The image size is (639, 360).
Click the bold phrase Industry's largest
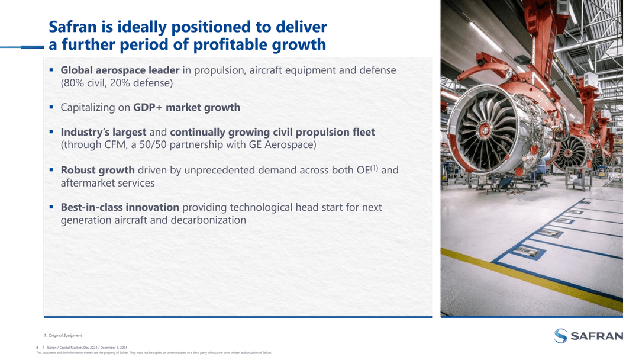104,132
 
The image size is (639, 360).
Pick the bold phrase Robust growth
98,170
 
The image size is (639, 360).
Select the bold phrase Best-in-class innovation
120,207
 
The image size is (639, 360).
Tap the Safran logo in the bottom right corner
589,336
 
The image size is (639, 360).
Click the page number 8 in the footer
38,347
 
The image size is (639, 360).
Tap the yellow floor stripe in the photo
532,278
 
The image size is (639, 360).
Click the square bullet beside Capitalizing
51,107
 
